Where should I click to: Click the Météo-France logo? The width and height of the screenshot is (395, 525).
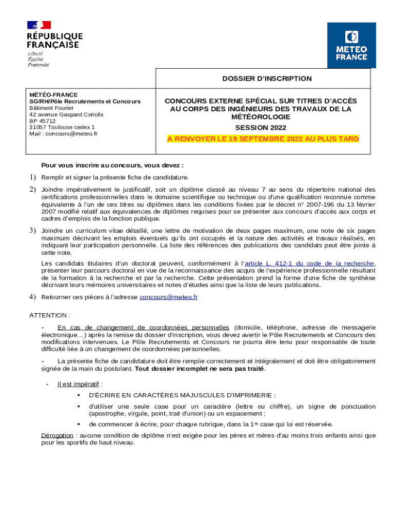click(x=351, y=45)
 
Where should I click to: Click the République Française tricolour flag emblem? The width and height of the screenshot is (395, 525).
click(x=39, y=25)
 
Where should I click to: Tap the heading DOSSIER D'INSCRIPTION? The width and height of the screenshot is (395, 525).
click(x=267, y=78)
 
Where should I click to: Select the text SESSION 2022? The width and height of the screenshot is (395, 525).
click(x=261, y=128)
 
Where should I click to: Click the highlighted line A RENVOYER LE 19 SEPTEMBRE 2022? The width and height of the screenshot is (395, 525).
click(x=263, y=139)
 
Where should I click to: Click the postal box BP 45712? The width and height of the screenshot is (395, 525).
click(x=43, y=121)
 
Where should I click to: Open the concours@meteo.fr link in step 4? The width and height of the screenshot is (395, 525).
click(x=169, y=297)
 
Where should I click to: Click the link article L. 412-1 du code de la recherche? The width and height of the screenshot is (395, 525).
click(x=309, y=264)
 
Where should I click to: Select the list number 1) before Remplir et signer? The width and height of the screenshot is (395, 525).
click(x=31, y=177)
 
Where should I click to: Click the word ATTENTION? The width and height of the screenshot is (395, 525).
click(x=49, y=315)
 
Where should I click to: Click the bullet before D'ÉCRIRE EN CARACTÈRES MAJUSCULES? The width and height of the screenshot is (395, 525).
click(x=79, y=395)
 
